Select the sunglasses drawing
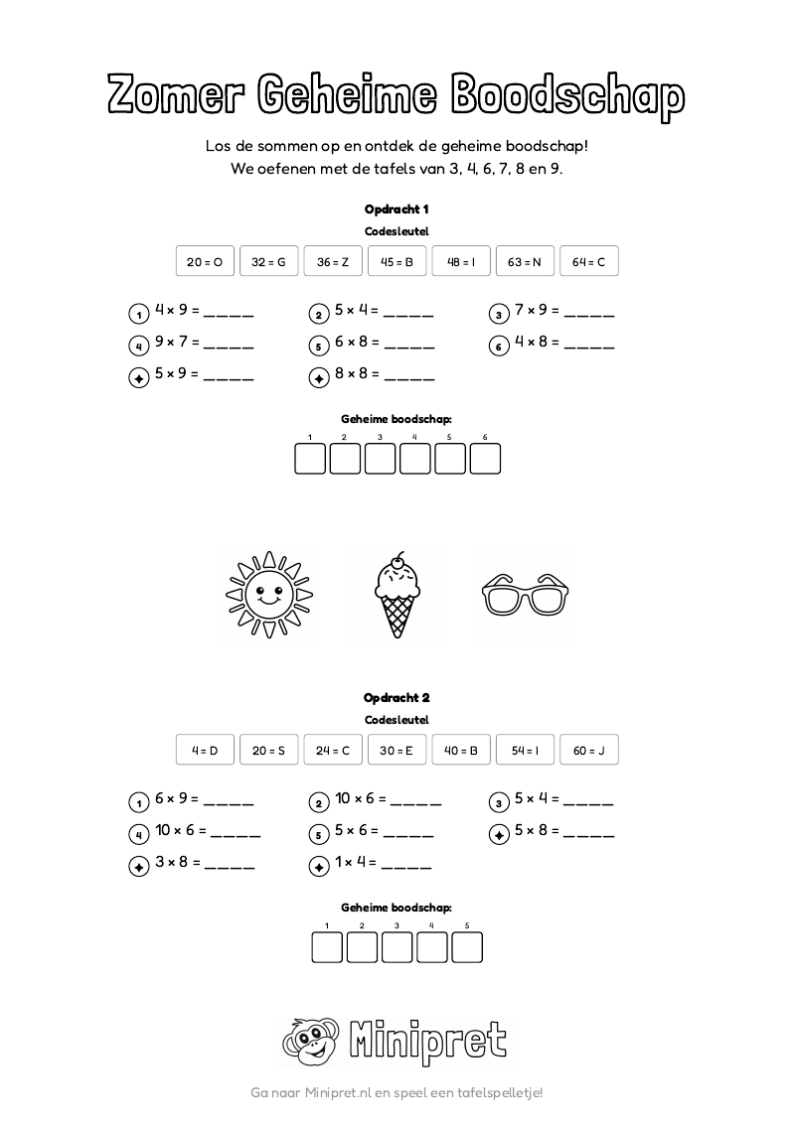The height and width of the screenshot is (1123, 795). click(x=525, y=596)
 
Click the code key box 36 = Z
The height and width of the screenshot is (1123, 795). click(x=333, y=262)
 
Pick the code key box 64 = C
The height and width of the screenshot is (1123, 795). click(x=588, y=262)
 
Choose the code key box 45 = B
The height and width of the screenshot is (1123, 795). click(x=397, y=262)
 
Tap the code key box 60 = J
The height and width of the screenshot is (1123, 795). click(x=588, y=751)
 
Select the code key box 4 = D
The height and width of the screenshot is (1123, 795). click(x=205, y=751)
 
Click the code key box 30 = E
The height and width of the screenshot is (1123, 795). click(x=397, y=751)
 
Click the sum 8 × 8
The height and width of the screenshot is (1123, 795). click(x=357, y=375)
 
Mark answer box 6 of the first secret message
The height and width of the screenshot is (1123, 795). click(x=485, y=460)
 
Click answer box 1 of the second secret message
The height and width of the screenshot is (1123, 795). click(x=327, y=948)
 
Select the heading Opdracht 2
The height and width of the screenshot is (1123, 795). click(x=397, y=698)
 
